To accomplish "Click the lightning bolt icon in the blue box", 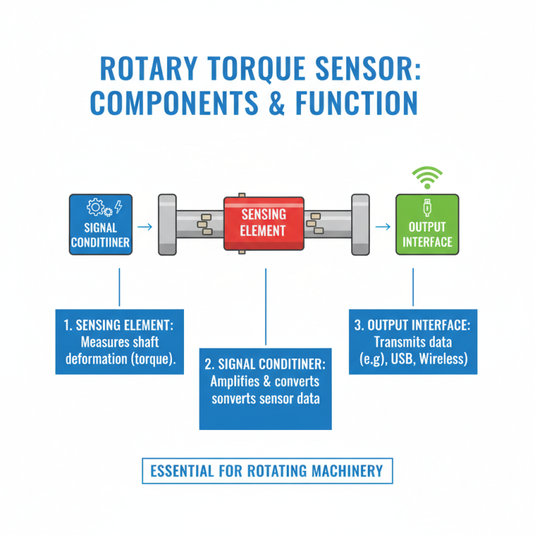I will point(118,207).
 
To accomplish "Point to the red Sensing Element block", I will point(263,223).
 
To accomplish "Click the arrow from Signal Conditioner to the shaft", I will point(144,227).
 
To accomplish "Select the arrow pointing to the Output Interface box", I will point(382,227).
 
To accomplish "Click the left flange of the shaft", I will point(167,224).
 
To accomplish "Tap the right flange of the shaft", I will point(360,224).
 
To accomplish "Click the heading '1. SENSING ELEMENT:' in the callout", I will point(119,325).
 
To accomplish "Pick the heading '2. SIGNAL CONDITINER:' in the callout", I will point(265,365).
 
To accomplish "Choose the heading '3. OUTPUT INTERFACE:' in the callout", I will point(413,325).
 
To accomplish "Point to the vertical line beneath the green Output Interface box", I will point(413,288).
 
